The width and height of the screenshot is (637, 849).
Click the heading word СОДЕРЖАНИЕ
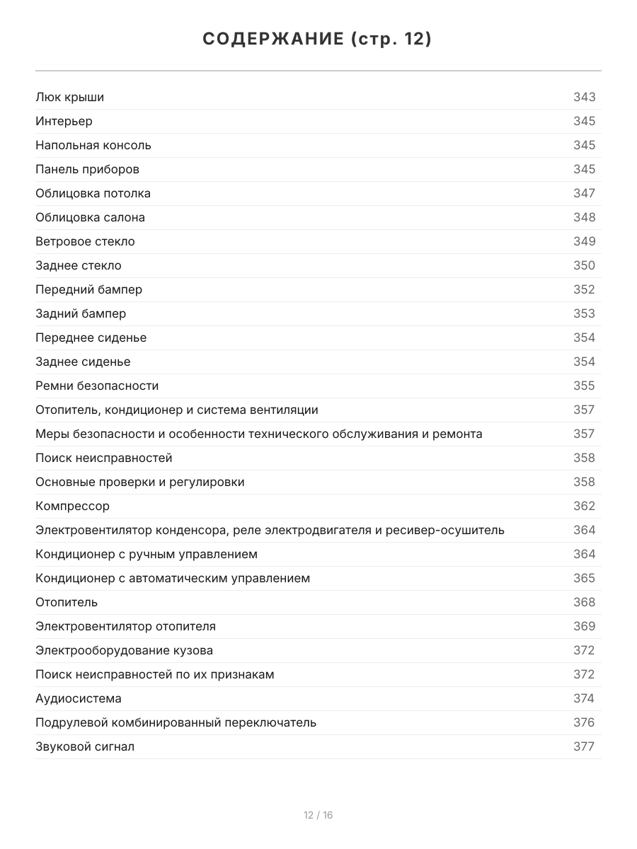point(272,39)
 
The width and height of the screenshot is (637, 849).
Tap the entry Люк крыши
point(69,97)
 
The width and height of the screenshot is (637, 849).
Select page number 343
point(584,97)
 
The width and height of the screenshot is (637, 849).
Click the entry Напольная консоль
point(93,145)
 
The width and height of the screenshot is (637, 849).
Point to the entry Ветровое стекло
point(85,241)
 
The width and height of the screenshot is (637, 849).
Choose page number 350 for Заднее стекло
point(584,265)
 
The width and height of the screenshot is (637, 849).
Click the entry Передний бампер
point(88,289)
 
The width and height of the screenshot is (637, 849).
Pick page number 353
point(584,313)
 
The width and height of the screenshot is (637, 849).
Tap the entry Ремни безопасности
point(97,386)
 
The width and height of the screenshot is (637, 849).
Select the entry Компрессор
point(72,506)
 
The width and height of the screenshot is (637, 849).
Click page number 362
point(584,506)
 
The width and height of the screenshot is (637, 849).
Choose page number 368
point(584,602)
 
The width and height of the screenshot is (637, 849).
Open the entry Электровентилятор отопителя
point(125,626)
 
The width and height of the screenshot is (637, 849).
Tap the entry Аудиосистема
point(79,698)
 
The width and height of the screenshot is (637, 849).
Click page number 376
point(584,722)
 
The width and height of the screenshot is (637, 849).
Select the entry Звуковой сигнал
point(85,746)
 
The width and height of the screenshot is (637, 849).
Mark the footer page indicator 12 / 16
point(318,815)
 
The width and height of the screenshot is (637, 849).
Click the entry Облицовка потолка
point(93,193)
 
